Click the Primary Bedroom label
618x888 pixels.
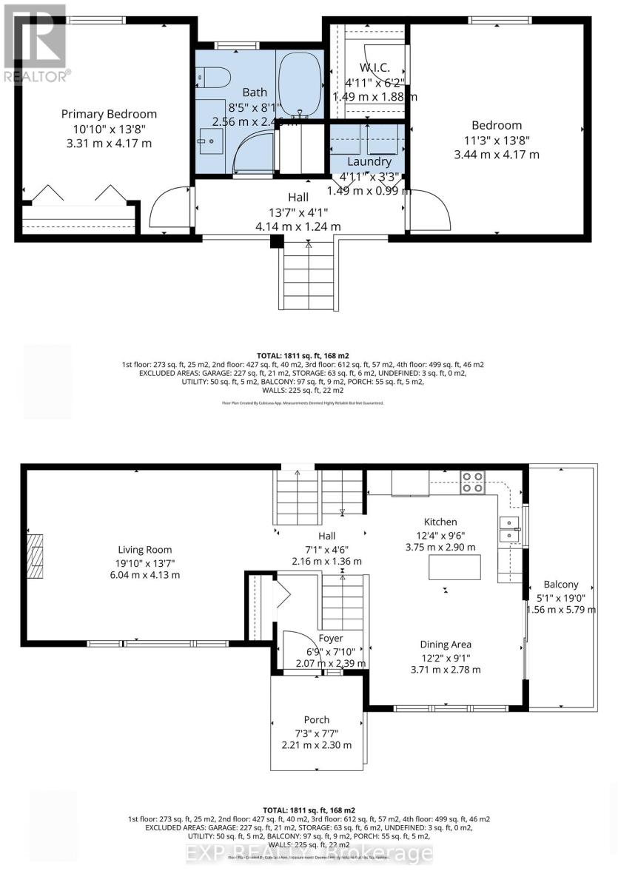click(x=109, y=114)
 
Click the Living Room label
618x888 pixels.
click(x=145, y=550)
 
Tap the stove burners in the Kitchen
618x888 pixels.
click(x=472, y=482)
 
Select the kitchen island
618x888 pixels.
click(x=454, y=567)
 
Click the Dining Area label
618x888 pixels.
click(x=446, y=645)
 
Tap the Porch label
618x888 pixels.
click(x=316, y=719)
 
